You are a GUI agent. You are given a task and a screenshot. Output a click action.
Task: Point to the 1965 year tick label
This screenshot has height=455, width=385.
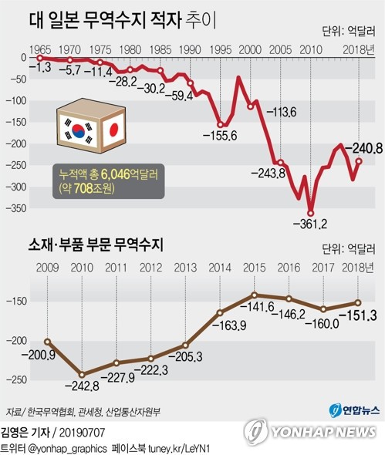[x=38, y=48]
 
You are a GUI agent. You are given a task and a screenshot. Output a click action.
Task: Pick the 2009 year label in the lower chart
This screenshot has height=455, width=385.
[x=47, y=268]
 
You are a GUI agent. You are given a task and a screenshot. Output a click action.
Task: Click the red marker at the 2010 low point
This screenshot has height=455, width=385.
[x=311, y=213]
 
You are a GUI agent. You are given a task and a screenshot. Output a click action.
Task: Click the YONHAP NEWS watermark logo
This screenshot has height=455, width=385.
[x=312, y=432]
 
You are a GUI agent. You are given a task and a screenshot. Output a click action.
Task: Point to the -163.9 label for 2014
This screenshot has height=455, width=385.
[x=220, y=326]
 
